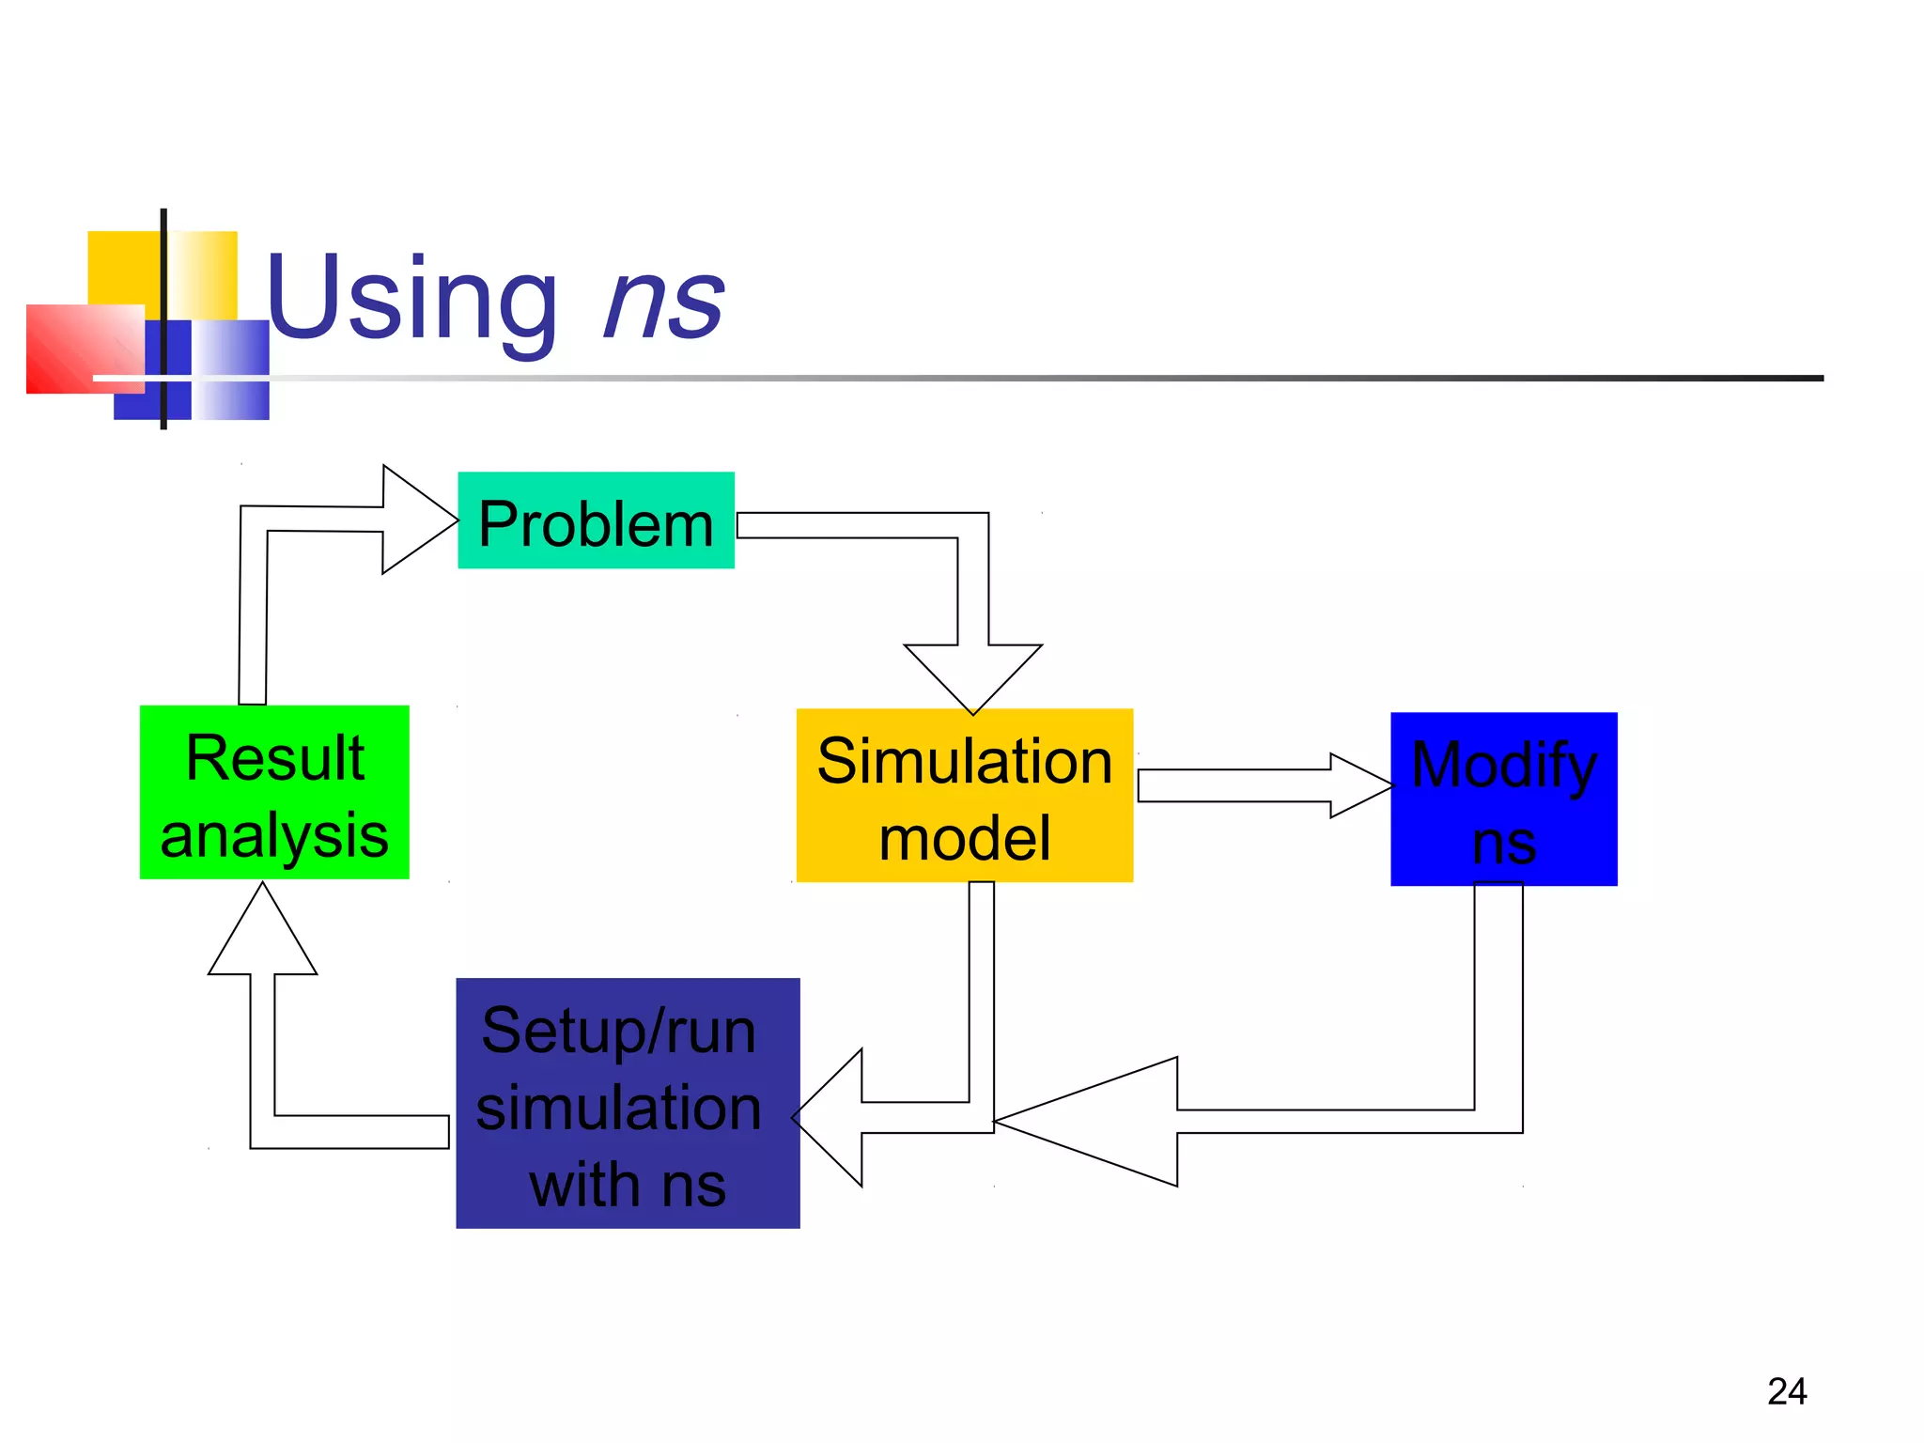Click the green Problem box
[596, 520]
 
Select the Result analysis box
[274, 793]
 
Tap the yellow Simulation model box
[964, 796]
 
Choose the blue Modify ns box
[1503, 799]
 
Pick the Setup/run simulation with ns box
[628, 1103]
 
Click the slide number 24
[1786, 1391]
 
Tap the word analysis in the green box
[274, 835]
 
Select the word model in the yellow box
[964, 838]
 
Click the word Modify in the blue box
[1503, 765]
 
